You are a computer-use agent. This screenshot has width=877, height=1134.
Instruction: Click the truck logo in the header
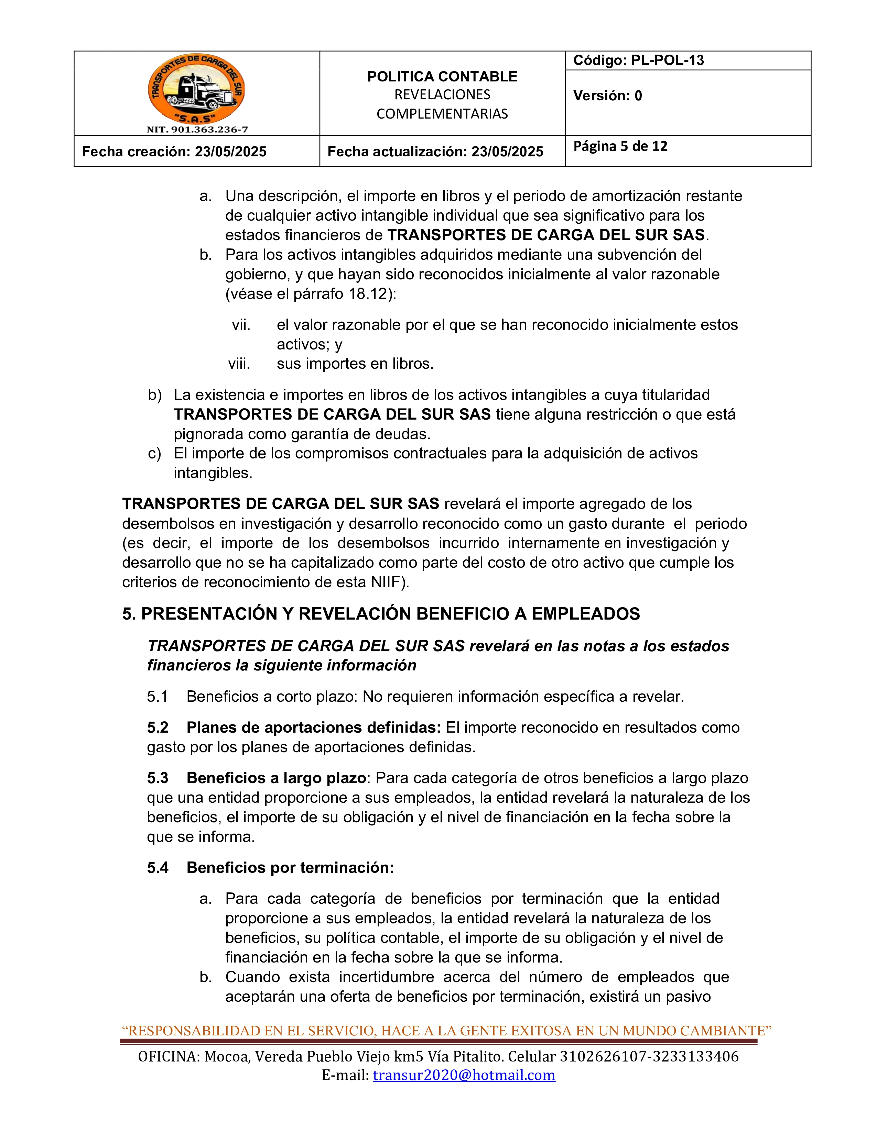pyautogui.click(x=196, y=88)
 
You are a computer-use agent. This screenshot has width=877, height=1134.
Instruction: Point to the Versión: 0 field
pyautogui.click(x=607, y=96)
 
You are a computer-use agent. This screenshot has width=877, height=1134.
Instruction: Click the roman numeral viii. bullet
pyautogui.click(x=239, y=364)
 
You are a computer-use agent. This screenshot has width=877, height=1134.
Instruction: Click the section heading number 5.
pyautogui.click(x=128, y=614)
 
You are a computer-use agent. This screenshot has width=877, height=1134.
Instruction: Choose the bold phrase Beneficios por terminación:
pyautogui.click(x=290, y=868)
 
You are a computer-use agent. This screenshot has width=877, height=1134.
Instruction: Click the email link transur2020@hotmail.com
pyautogui.click(x=464, y=1075)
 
